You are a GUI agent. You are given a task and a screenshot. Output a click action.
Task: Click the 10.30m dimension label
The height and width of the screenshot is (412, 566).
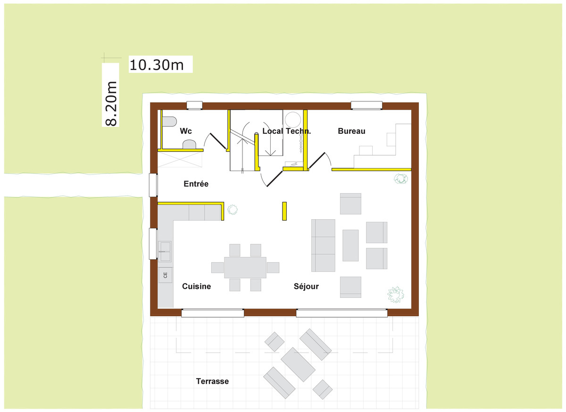pyautogui.click(x=157, y=65)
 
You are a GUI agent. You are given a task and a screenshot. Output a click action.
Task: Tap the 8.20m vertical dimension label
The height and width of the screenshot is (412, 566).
pyautogui.click(x=111, y=104)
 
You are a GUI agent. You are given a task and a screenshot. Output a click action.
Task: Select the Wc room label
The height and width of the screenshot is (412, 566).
pyautogui.click(x=186, y=131)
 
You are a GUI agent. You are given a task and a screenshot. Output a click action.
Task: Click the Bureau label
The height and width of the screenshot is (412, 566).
pyautogui.click(x=351, y=131)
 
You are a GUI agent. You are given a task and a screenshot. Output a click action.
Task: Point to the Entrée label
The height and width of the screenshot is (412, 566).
pyautogui.click(x=196, y=184)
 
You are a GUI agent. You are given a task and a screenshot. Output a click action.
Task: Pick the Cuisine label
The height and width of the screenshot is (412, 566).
pyautogui.click(x=196, y=286)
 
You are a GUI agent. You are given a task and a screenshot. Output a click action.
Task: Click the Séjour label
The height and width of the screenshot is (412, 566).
pyautogui.click(x=306, y=286)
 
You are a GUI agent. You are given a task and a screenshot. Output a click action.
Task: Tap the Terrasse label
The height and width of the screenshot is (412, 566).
pyautogui.click(x=212, y=381)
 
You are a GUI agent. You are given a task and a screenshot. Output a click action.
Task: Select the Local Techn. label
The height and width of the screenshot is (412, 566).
pyautogui.click(x=287, y=131)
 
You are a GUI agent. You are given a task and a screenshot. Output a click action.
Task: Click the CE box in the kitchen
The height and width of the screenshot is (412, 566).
pyautogui.click(x=165, y=275)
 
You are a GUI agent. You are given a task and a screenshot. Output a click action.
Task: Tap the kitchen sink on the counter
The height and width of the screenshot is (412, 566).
pyautogui.click(x=165, y=251)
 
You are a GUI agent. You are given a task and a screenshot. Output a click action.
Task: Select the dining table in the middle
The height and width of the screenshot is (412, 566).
pyautogui.click(x=245, y=267)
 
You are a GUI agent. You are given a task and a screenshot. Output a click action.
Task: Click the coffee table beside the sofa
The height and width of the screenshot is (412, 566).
pyautogui.click(x=350, y=245)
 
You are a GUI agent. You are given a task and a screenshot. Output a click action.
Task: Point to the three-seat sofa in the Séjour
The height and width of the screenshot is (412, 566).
pyautogui.click(x=323, y=245)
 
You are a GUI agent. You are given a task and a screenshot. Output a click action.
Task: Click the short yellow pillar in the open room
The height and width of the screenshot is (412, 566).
pyautogui.click(x=284, y=211)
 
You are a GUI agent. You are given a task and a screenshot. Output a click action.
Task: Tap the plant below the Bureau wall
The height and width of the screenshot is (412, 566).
pyautogui.click(x=400, y=179)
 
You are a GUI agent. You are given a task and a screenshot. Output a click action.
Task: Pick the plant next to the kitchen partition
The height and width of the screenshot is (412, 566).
pyautogui.click(x=233, y=209)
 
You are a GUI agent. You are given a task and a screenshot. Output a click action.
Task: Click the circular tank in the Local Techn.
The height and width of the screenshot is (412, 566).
pyautogui.click(x=293, y=119)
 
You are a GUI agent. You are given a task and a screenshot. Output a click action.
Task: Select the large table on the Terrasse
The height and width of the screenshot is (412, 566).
pyautogui.click(x=298, y=364)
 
